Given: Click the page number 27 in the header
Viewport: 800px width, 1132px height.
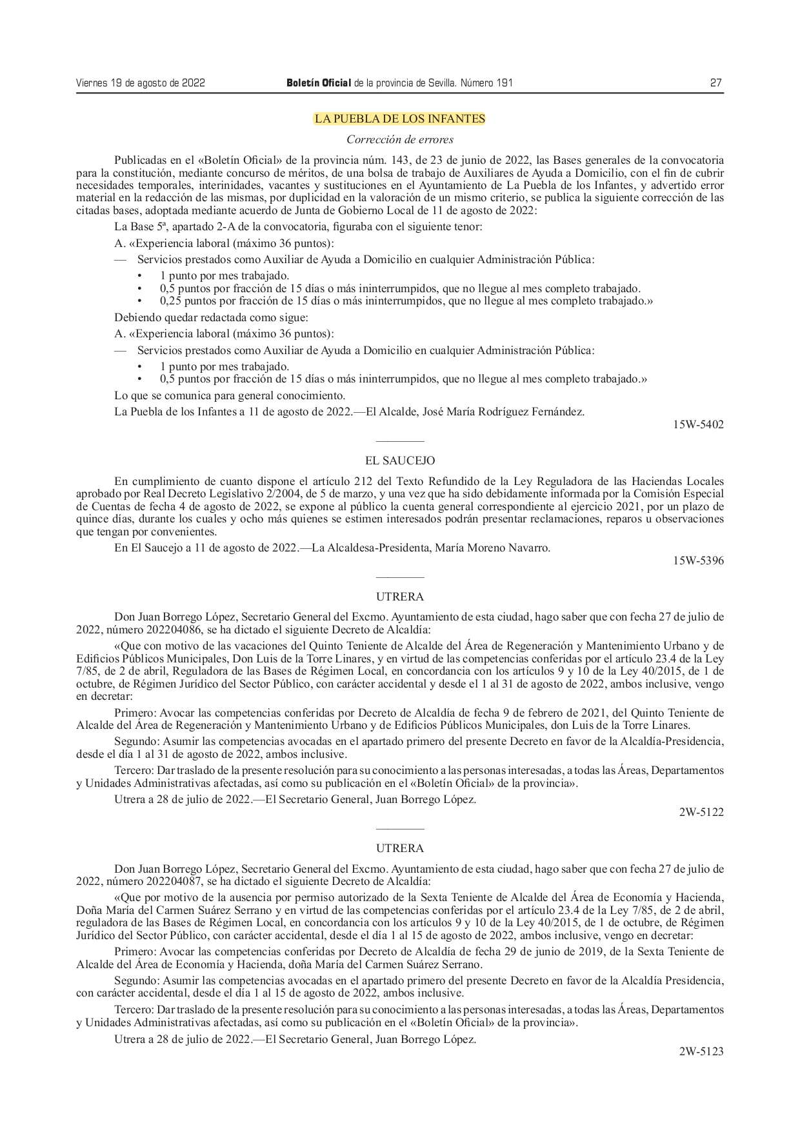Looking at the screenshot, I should [x=715, y=83].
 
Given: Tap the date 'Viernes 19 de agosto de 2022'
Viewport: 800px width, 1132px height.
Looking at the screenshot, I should [x=140, y=83].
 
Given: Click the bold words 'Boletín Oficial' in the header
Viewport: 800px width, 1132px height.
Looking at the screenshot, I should [x=319, y=83].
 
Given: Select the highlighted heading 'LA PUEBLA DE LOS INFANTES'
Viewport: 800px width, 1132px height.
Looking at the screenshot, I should [x=399, y=119].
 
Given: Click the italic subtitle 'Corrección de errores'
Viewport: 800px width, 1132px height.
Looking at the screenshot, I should [x=399, y=139].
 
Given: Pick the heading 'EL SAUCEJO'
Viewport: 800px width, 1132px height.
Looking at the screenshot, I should [x=399, y=461].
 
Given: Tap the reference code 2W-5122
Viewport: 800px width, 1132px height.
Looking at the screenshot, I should [x=701, y=812].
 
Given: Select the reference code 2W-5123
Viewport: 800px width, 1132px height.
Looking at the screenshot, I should [x=701, y=1051].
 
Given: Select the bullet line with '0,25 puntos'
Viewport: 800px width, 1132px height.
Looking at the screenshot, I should [x=406, y=301].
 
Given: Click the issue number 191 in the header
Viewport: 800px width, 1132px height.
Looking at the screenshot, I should [x=505, y=83].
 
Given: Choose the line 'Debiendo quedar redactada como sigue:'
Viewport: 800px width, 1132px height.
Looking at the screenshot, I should [x=211, y=317].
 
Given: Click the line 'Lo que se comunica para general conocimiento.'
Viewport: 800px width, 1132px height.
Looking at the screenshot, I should [x=229, y=395].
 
